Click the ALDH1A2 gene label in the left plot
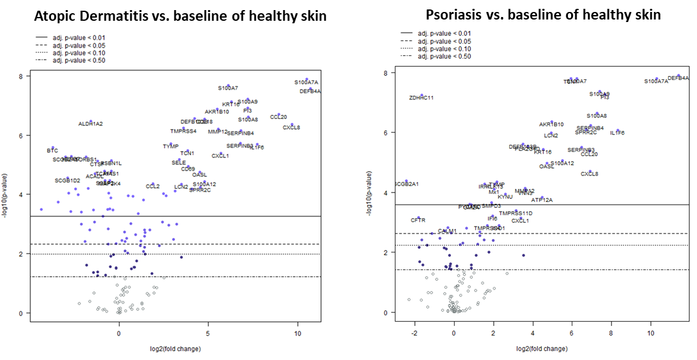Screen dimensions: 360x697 tap(91, 124)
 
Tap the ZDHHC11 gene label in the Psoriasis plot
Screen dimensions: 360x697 tap(421, 98)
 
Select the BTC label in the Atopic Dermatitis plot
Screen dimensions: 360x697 tap(52, 151)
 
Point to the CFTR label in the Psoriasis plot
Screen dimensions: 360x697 tap(418, 220)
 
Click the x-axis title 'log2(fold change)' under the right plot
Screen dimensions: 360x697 tap(541, 348)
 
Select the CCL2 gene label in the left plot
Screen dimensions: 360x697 tap(152, 186)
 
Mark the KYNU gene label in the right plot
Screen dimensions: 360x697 tap(505, 197)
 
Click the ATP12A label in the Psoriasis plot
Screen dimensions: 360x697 tap(541, 200)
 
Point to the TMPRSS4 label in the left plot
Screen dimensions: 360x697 tap(183, 132)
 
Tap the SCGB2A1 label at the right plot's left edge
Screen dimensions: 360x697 tap(407, 184)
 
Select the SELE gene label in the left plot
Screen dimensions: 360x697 tap(179, 162)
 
